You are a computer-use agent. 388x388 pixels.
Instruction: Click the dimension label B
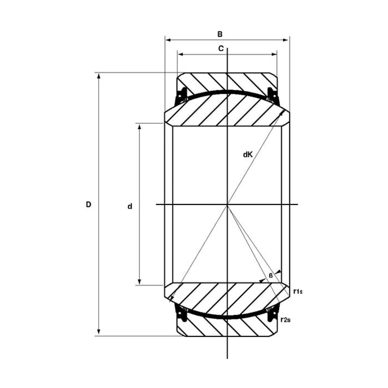(x=220, y=34)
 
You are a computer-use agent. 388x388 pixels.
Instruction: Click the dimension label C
(x=221, y=48)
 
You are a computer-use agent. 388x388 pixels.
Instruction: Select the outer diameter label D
(x=88, y=204)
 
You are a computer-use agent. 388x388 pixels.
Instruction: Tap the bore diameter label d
(x=130, y=206)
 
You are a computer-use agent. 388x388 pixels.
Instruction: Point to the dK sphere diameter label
(x=248, y=155)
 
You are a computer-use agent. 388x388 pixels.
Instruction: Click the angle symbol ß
(x=271, y=275)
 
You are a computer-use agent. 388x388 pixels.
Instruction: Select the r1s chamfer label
(x=298, y=291)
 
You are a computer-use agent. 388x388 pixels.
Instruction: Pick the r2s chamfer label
(x=286, y=320)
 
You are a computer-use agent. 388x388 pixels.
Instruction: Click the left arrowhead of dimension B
(x=168, y=40)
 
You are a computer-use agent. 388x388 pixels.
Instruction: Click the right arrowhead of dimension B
(x=286, y=40)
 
